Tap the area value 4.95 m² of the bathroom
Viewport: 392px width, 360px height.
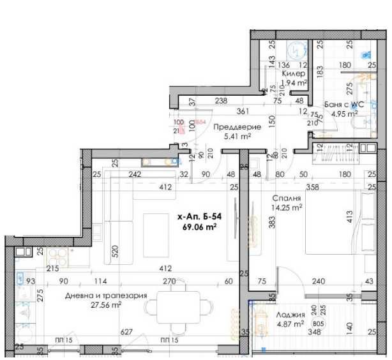[344, 114]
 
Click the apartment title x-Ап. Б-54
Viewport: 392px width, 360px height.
[199, 217]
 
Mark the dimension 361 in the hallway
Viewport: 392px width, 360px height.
[242, 111]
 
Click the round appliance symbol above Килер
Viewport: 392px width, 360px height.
[296, 50]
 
